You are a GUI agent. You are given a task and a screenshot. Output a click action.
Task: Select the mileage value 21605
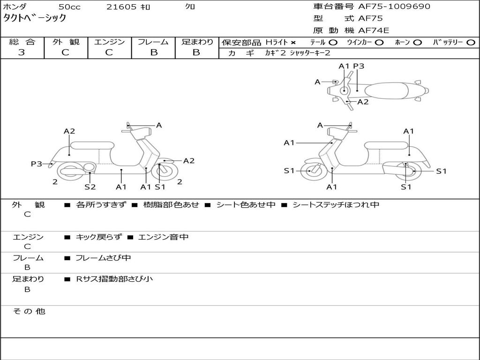pos(121,7)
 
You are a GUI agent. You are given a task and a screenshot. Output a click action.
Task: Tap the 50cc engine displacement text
pos(69,7)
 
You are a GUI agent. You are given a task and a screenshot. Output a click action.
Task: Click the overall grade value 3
pos(22,52)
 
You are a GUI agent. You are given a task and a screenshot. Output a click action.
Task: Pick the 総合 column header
pos(22,42)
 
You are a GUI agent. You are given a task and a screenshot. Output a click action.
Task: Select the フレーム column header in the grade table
pos(153,42)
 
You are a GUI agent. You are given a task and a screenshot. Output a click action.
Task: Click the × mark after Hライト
pos(293,43)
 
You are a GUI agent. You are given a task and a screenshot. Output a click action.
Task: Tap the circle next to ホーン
pos(417,43)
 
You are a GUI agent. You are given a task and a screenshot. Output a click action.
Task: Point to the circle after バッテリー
pos(471,43)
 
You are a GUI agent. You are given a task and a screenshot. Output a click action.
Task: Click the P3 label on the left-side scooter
pos(37,164)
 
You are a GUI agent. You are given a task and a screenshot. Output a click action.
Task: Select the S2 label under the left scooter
pos(90,187)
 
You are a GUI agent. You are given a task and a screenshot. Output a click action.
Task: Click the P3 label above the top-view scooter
pos(359,66)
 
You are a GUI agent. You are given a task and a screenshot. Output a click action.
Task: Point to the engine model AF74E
pos(374,30)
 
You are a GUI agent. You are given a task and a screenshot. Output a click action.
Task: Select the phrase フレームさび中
pos(103,258)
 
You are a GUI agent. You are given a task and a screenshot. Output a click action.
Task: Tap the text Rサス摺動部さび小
pos(114,279)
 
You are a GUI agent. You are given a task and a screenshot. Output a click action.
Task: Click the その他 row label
pos(29,311)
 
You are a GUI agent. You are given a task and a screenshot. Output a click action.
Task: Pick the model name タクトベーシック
pos(35,18)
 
